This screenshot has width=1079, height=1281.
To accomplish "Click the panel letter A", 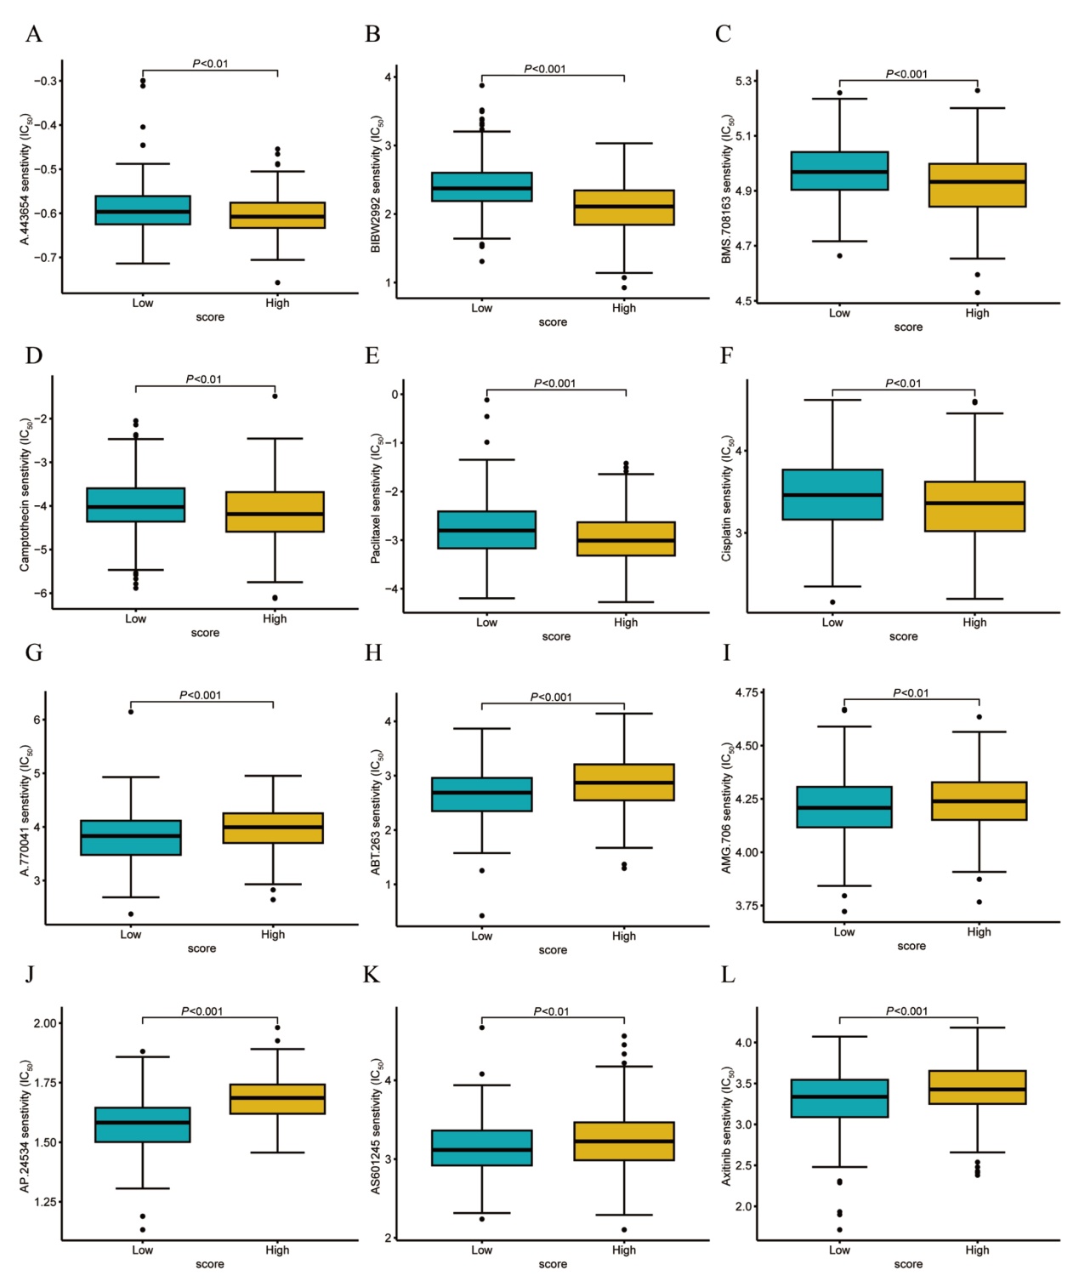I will (33, 34).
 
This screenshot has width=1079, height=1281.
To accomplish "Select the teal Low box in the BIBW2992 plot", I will (481, 187).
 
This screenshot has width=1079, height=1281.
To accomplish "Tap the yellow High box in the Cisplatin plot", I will (974, 506).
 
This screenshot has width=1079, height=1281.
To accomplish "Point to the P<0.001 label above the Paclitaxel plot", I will (554, 384).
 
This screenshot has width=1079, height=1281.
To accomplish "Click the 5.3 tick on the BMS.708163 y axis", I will (744, 81).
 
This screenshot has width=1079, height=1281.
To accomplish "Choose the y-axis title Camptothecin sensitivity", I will (26, 494).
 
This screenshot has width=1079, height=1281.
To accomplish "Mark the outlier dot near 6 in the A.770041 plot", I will (131, 711).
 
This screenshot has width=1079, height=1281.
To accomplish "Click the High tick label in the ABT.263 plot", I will (623, 936).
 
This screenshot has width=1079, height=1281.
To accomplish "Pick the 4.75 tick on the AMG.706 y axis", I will (746, 693).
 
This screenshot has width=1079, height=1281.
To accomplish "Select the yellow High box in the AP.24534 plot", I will (277, 1099).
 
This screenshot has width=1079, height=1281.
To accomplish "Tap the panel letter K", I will (372, 975).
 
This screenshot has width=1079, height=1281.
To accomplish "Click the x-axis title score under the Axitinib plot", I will (907, 1264).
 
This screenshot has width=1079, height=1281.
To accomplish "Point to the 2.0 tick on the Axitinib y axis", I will (744, 1206).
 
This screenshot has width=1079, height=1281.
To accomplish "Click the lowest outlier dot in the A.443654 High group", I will (277, 282).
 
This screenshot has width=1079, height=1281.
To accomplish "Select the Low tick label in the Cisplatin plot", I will (832, 623).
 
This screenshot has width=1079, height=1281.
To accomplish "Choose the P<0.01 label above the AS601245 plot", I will (551, 1011).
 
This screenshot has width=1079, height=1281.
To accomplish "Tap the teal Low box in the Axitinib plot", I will (839, 1098).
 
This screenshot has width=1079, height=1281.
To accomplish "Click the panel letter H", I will (372, 653).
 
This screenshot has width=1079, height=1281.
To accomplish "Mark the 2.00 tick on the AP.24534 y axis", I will (46, 1023).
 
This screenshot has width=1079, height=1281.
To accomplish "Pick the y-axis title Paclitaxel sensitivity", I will (376, 498).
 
